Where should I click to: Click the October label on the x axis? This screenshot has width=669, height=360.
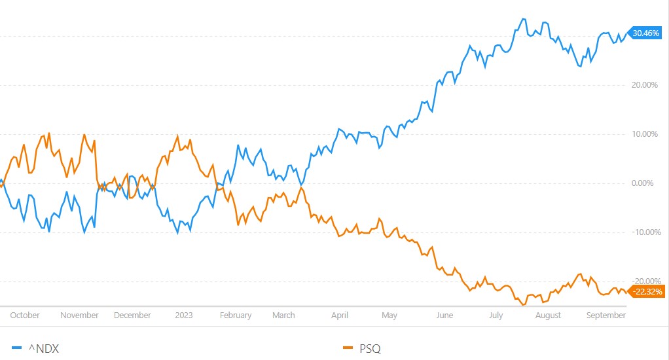coord(25,315)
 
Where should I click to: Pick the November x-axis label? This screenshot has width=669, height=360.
coord(79,315)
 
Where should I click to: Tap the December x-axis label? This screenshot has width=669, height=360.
coord(132,315)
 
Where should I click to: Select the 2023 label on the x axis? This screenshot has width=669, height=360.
coord(184,315)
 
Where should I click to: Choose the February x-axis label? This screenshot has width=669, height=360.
coord(236,315)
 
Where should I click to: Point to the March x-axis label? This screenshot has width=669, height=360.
coord(283,315)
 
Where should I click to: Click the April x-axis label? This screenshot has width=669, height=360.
coord(340,315)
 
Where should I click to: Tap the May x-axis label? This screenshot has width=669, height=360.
coord(389,315)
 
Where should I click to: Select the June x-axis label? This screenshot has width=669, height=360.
coord(444,315)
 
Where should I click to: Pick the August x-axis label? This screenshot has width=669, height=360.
coord(548,315)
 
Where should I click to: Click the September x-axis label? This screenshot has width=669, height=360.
coord(606,315)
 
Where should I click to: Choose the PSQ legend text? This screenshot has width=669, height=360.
coord(371,349)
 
